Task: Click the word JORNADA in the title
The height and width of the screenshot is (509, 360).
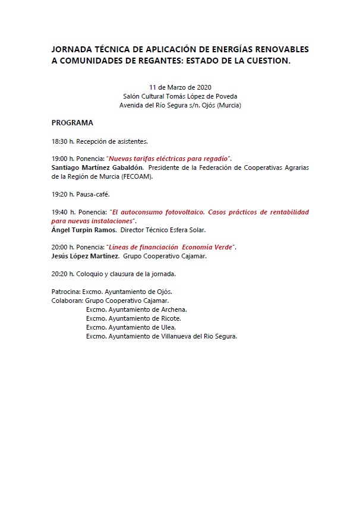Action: coord(71,49)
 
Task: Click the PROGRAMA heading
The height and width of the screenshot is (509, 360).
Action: coord(72,123)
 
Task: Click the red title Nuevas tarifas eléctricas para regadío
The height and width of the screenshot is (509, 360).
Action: coord(169,159)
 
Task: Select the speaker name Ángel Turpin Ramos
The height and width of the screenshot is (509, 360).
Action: coord(83,229)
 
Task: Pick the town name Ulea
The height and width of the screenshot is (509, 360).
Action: coord(168,327)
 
